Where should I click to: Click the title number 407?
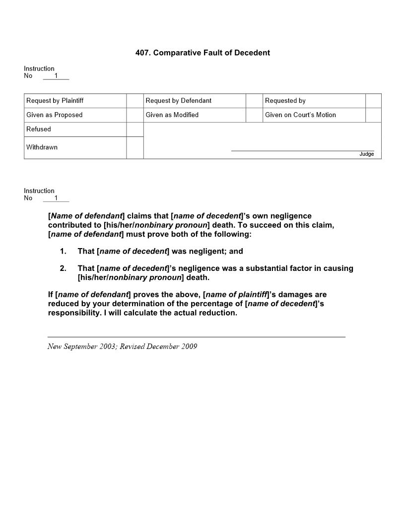[x=142, y=53]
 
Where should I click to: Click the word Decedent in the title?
[x=252, y=53]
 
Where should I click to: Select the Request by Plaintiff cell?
[x=75, y=101]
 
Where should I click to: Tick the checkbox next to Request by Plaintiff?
[x=135, y=101]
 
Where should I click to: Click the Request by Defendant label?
[x=179, y=101]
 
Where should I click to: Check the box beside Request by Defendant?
[x=254, y=101]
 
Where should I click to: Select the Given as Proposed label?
[x=55, y=115]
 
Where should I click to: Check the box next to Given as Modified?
[x=254, y=115]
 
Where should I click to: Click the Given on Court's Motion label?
[x=300, y=115]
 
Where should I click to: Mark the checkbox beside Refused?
[x=135, y=130]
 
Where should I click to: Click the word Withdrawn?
[x=42, y=147]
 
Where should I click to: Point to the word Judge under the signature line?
[x=366, y=154]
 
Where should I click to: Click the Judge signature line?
[x=303, y=150]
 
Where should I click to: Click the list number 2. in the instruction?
[x=63, y=268]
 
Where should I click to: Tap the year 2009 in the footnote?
[x=189, y=346]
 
